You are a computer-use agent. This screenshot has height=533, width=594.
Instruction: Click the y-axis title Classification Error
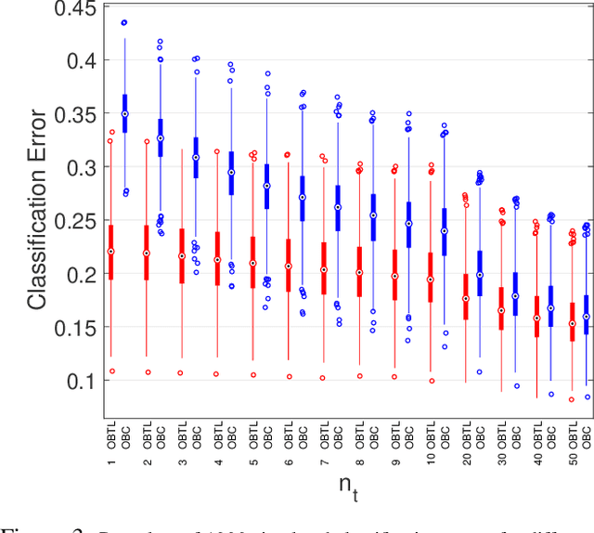coord(37,210)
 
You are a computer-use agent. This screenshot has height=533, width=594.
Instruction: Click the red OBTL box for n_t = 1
coord(111,252)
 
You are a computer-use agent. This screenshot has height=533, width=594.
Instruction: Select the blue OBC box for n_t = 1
coord(125,113)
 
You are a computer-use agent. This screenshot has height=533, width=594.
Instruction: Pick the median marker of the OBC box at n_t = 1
coord(125,114)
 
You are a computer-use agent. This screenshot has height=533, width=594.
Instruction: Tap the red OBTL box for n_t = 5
coord(252,262)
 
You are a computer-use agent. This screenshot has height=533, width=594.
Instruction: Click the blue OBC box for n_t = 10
coord(444,231)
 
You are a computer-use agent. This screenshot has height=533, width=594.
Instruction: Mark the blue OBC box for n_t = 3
coord(196,157)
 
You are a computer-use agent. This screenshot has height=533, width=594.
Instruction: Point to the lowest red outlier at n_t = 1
coord(111,370)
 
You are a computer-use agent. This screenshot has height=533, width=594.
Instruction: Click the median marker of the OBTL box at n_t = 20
coord(465,298)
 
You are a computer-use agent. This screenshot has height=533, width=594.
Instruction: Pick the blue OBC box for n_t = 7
coord(337,208)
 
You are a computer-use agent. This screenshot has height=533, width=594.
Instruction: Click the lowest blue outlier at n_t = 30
coord(516,386)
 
